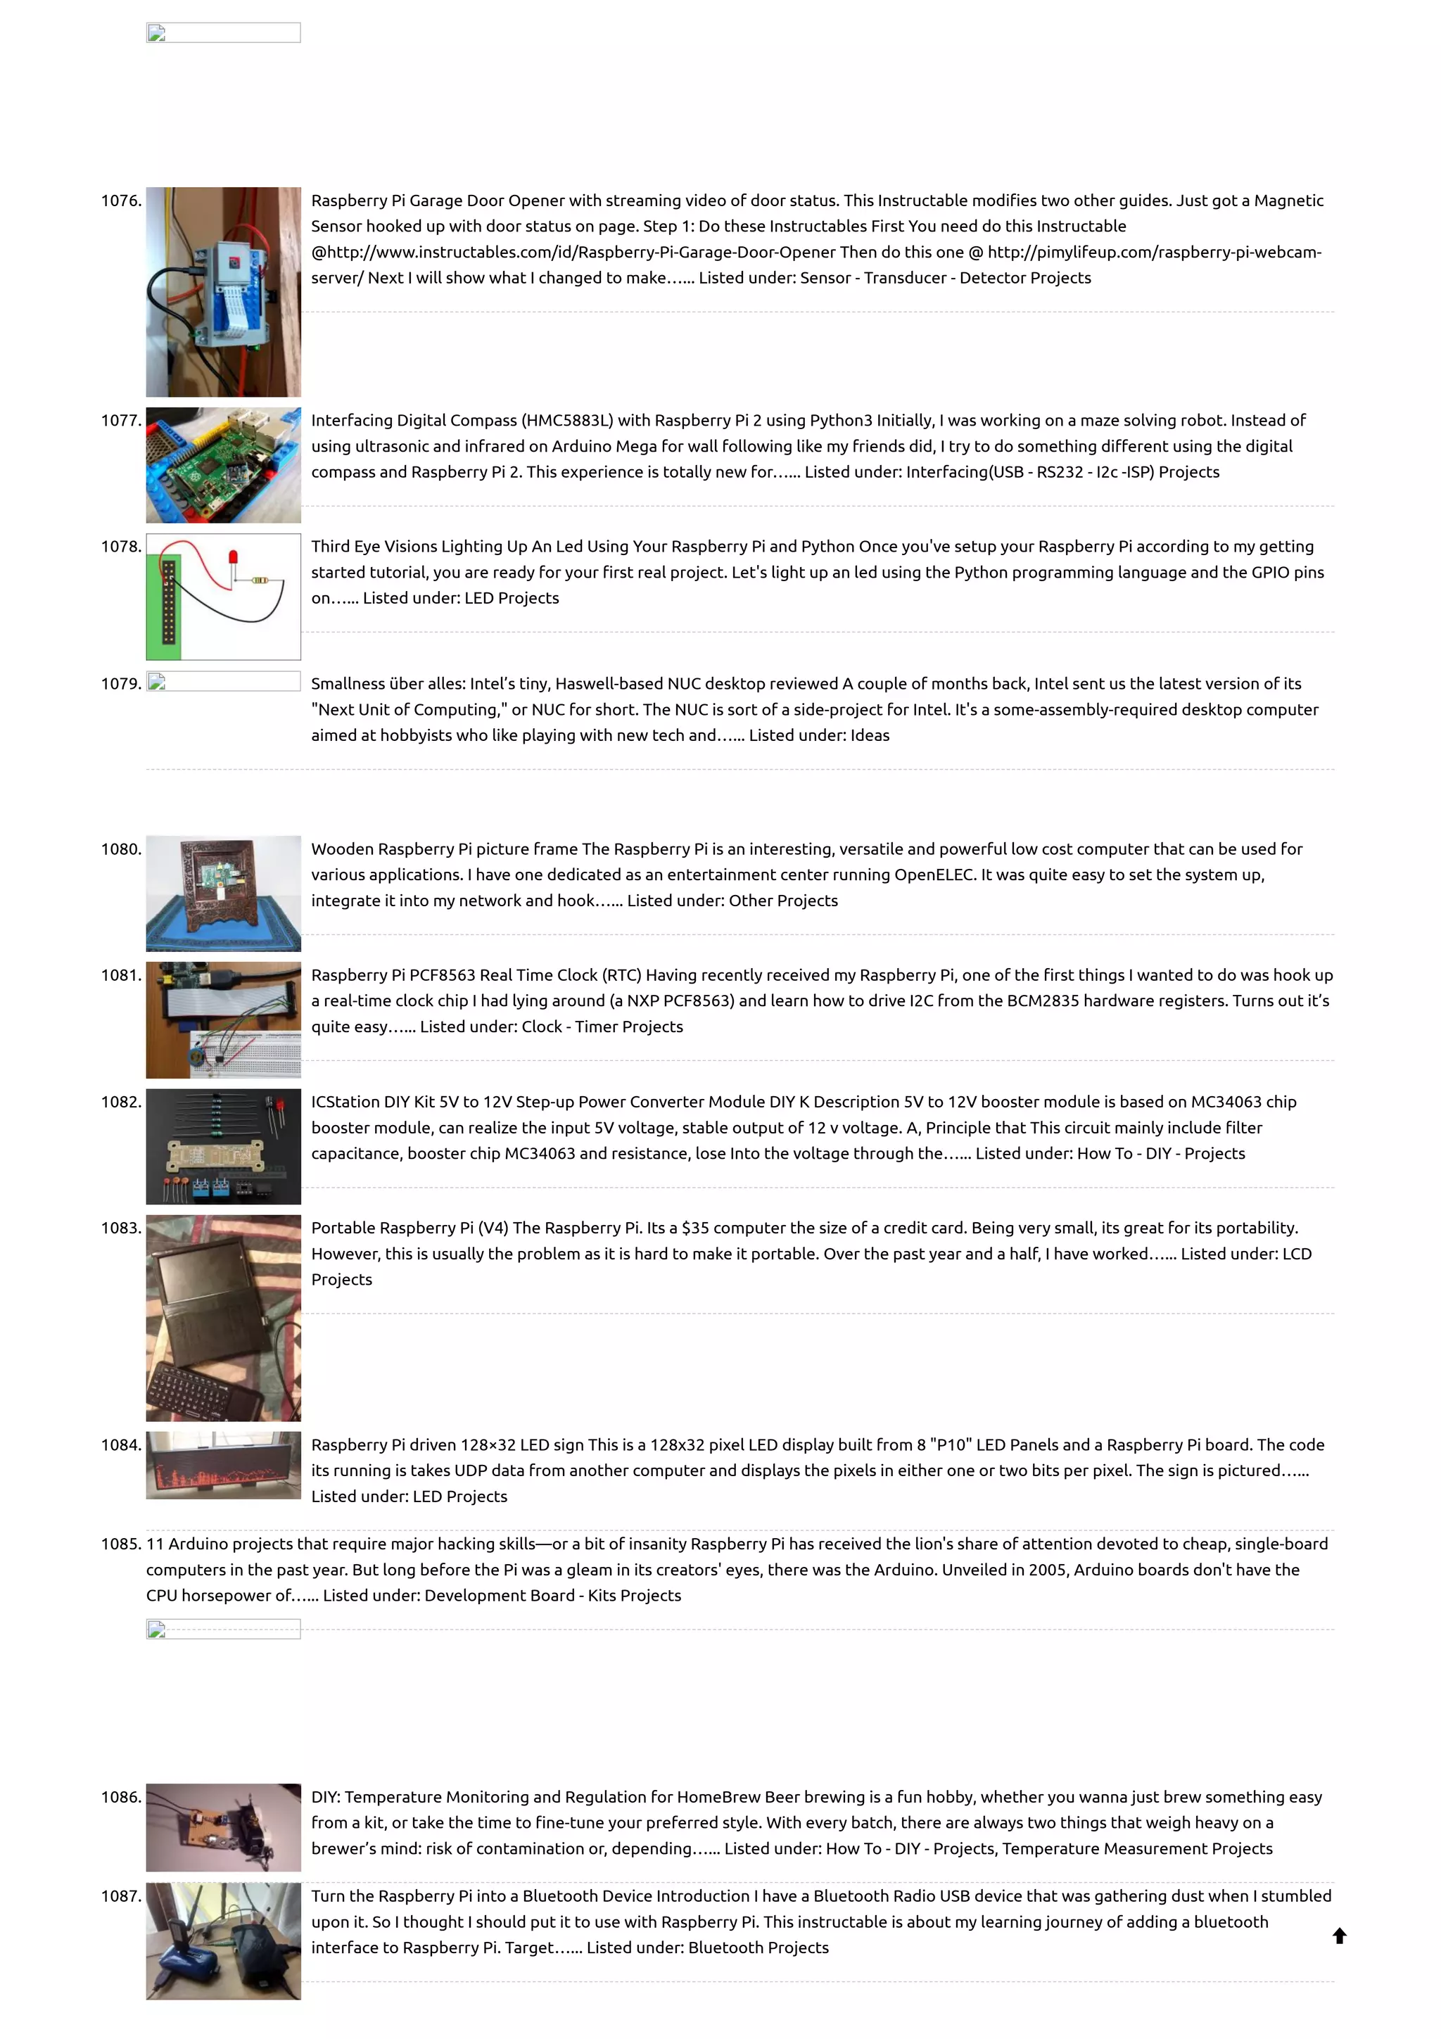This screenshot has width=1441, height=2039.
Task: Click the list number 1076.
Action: click(x=121, y=201)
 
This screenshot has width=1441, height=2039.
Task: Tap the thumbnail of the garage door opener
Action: click(x=223, y=291)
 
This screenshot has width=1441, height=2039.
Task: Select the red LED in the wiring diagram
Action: click(x=234, y=559)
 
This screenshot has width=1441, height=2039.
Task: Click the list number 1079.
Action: click(x=121, y=684)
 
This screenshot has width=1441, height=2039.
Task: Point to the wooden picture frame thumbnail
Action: click(x=223, y=893)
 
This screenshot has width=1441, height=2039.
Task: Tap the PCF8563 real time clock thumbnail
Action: click(x=223, y=1019)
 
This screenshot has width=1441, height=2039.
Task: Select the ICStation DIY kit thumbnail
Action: click(x=223, y=1146)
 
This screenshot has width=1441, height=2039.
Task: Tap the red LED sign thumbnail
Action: click(x=223, y=1466)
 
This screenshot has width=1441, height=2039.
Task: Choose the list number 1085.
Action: click(x=121, y=1544)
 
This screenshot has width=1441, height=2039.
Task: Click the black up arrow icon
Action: click(x=1340, y=1936)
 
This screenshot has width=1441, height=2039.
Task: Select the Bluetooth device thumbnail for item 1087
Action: click(x=223, y=1941)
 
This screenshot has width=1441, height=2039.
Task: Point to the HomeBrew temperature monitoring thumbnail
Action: click(x=223, y=1828)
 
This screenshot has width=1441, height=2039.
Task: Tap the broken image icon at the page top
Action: click(x=157, y=34)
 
